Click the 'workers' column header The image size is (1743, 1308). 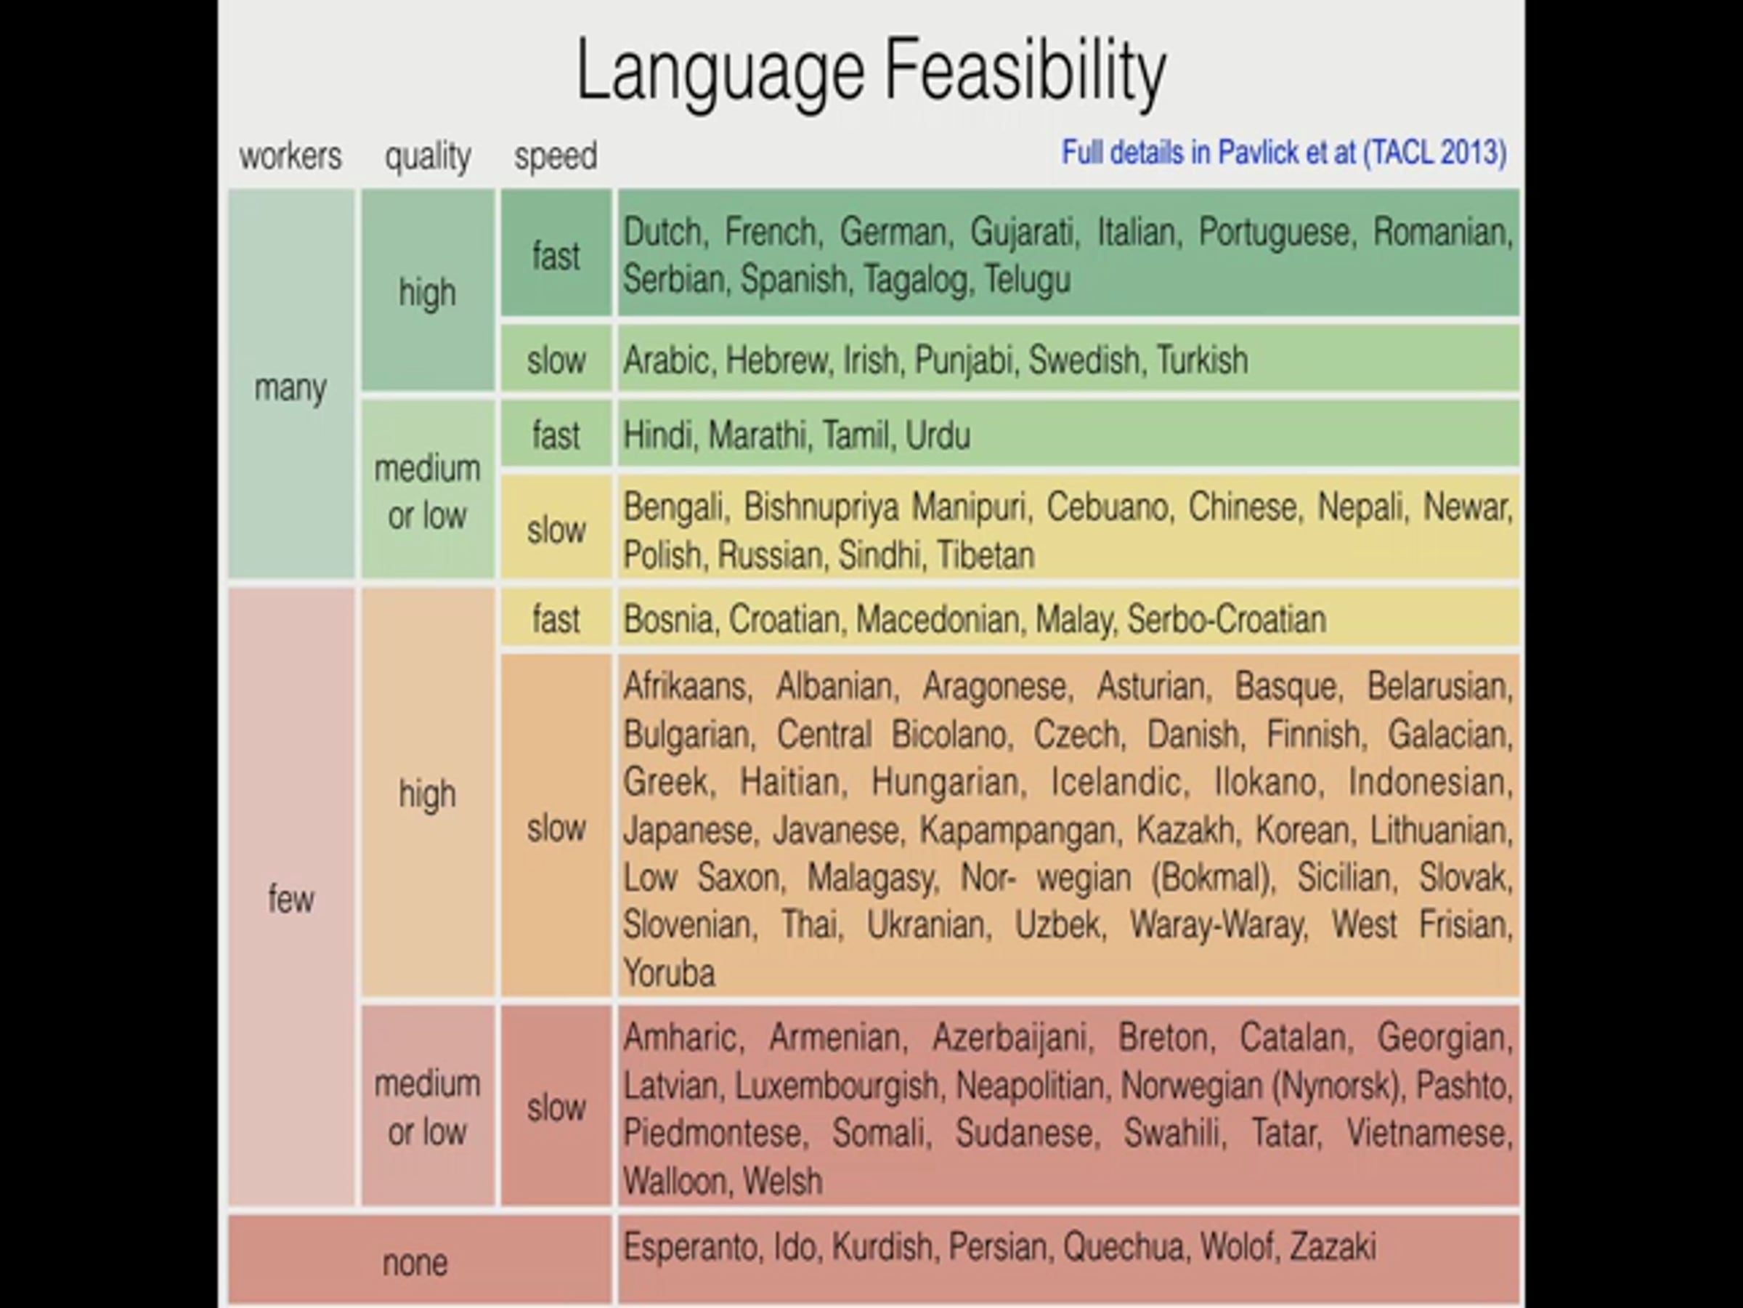pos(290,156)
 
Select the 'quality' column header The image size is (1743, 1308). pos(427,156)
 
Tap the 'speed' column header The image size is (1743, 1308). pos(556,156)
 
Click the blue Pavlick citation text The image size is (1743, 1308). pos(1283,152)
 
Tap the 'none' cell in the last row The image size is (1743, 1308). pos(415,1262)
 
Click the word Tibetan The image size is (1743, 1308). pos(985,555)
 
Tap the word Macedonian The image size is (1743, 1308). pos(938,619)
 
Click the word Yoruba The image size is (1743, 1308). pos(669,973)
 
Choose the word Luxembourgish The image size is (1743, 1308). pos(836,1086)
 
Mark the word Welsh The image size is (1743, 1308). pos(781,1181)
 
